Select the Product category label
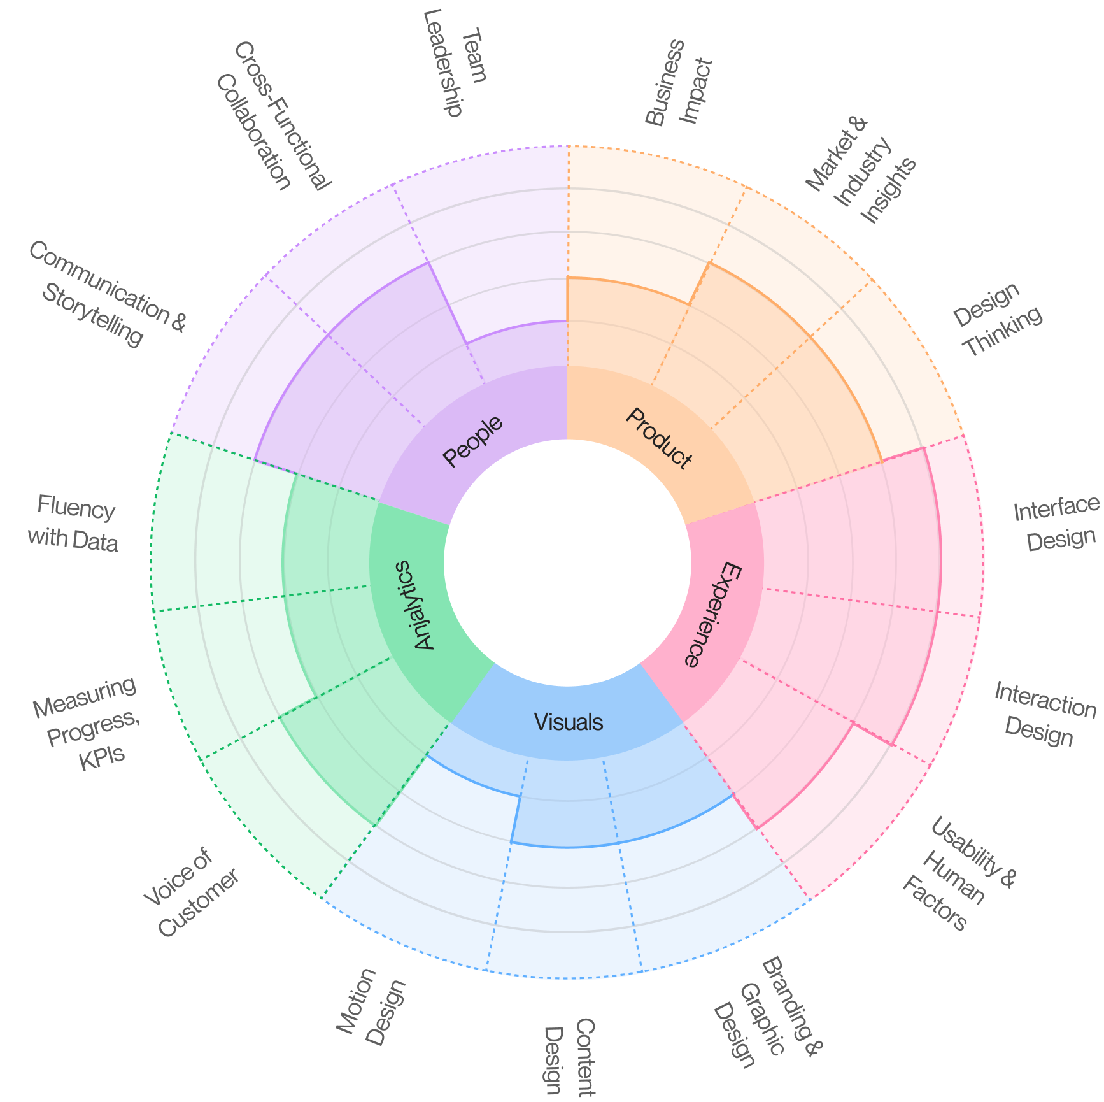(x=658, y=439)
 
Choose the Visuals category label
(x=568, y=722)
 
